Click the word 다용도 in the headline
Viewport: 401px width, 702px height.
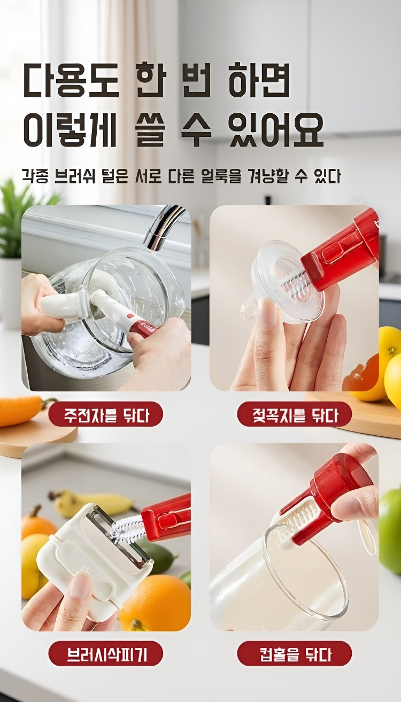click(x=71, y=79)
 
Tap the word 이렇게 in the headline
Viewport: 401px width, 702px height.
click(x=70, y=129)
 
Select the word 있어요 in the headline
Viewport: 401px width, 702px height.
click(x=276, y=129)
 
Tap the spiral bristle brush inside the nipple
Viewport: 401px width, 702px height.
click(x=293, y=282)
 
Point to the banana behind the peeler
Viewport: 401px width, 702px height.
click(x=91, y=499)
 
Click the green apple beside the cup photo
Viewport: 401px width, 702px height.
click(x=389, y=527)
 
